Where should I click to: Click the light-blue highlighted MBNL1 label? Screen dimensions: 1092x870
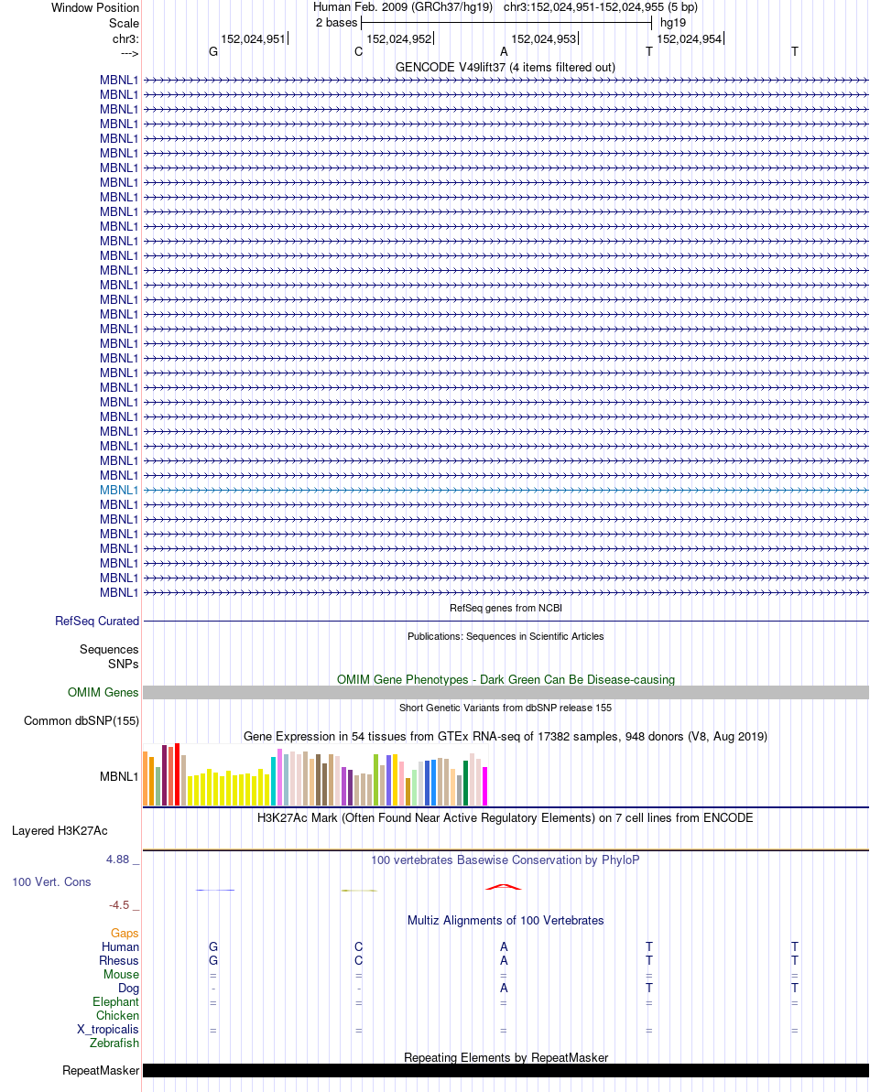(x=119, y=490)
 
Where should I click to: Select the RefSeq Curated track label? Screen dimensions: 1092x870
(x=97, y=621)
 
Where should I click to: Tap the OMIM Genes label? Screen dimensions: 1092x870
(x=103, y=692)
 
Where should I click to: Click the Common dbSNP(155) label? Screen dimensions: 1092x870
(x=82, y=720)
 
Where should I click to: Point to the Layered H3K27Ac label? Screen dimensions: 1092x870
(x=60, y=831)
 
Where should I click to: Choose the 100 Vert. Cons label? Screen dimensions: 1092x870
(x=51, y=881)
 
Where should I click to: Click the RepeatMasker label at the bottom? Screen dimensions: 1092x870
(x=101, y=1070)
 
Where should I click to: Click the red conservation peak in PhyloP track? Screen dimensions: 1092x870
(x=504, y=886)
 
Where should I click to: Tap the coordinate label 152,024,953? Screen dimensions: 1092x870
(x=544, y=39)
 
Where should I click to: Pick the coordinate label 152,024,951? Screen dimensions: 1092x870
(x=253, y=39)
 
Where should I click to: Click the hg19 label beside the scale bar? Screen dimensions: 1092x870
(x=673, y=22)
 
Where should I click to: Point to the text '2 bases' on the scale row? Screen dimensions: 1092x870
(x=336, y=22)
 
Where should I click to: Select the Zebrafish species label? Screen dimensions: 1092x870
(x=114, y=1043)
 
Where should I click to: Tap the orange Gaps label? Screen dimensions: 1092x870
(x=125, y=933)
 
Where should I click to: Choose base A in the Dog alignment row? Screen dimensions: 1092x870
(x=504, y=989)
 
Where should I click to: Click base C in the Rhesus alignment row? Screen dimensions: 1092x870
(x=359, y=961)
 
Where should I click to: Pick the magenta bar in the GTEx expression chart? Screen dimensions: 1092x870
(x=485, y=785)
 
